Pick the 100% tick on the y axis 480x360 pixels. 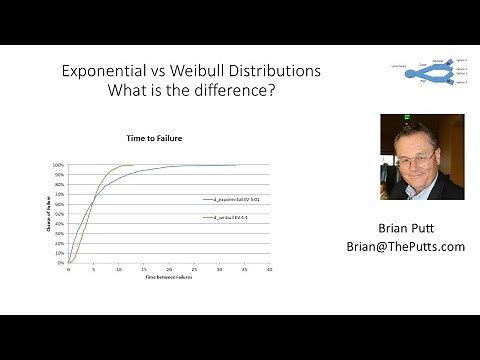[x=58, y=165]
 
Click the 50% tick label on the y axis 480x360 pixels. [x=59, y=214]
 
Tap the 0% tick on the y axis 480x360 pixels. [x=60, y=263]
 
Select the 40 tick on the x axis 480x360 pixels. [x=270, y=269]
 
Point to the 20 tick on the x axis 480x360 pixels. [x=169, y=269]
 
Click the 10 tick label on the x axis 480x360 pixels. [x=118, y=269]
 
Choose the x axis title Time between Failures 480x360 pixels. [x=168, y=276]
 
